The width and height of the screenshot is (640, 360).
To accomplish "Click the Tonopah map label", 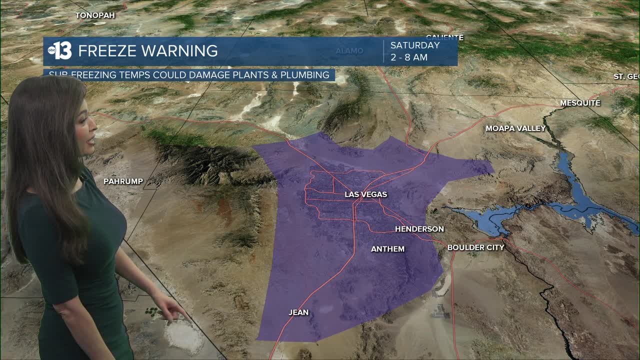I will click(x=95, y=15).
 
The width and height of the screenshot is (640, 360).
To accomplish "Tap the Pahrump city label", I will click(x=123, y=181).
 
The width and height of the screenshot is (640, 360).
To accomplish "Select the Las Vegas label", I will click(x=365, y=194).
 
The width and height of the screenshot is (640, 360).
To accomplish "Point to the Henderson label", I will click(x=419, y=229).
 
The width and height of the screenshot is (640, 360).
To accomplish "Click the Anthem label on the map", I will click(x=387, y=248).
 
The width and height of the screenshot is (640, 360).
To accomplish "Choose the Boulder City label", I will click(x=475, y=247).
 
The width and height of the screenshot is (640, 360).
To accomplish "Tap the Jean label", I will click(x=298, y=312).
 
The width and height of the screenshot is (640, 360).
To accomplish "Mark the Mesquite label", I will click(x=580, y=103).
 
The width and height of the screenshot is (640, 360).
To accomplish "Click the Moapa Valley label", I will click(x=515, y=128).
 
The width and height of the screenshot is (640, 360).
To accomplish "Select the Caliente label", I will click(x=444, y=37).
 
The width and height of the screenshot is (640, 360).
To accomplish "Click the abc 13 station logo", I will click(x=60, y=50).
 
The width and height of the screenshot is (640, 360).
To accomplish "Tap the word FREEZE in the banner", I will click(x=107, y=51).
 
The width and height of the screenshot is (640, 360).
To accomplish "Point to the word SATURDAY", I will click(x=414, y=45).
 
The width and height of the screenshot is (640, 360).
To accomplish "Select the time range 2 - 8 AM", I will click(x=408, y=57).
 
